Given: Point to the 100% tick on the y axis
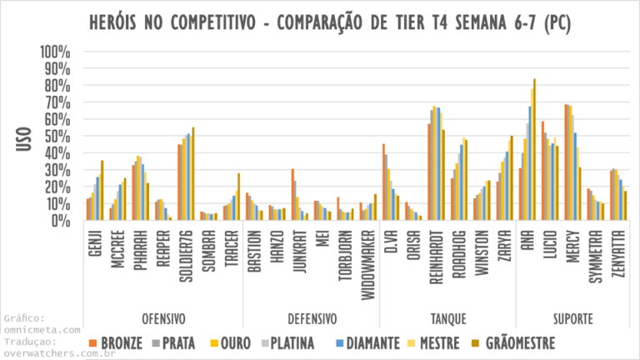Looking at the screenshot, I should (x=56, y=52).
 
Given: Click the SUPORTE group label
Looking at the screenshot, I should (x=572, y=318).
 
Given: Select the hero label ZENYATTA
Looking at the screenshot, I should (x=619, y=257).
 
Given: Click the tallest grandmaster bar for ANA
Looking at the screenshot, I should (x=534, y=150).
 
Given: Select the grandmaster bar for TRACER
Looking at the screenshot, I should (x=238, y=197).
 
